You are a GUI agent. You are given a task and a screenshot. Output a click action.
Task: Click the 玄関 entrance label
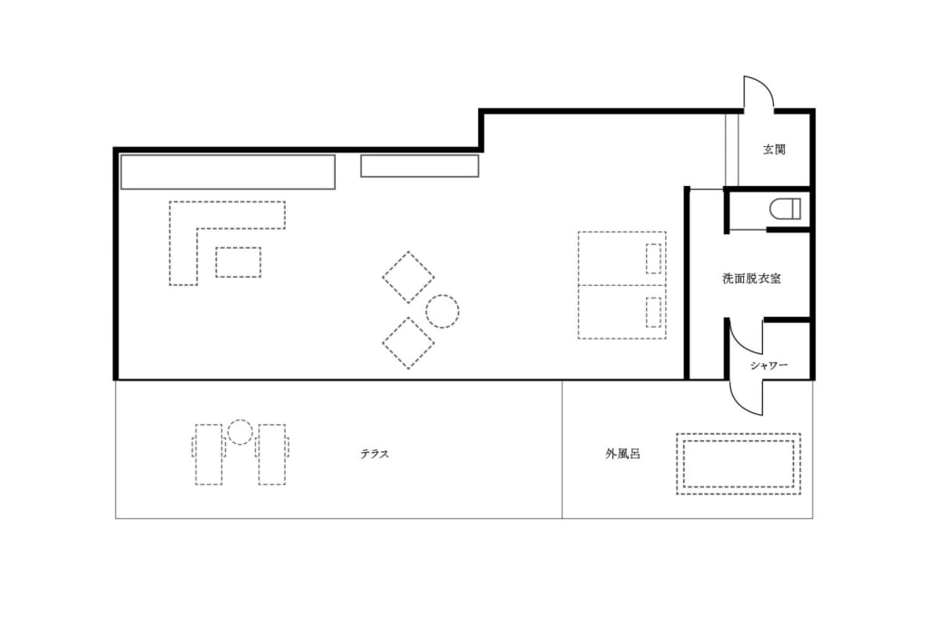click(x=774, y=150)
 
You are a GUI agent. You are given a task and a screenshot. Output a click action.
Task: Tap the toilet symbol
click(x=785, y=209)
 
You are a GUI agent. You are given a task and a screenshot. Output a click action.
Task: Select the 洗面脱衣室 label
click(x=751, y=278)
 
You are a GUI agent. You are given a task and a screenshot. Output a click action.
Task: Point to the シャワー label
click(x=769, y=365)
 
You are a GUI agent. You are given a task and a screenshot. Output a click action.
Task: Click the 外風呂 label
click(x=622, y=454)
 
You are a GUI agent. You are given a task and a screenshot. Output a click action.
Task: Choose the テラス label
click(x=375, y=454)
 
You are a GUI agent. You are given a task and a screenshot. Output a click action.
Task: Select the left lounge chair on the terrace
click(x=208, y=454)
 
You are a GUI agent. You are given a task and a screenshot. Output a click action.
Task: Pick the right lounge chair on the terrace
click(x=272, y=454)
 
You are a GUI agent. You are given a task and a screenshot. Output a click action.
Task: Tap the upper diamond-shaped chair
click(x=408, y=278)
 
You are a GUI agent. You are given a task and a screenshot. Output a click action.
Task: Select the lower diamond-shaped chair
click(x=408, y=343)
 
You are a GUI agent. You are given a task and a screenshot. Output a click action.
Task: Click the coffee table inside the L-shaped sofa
click(x=239, y=262)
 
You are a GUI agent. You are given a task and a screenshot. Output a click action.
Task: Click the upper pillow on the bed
click(x=653, y=259)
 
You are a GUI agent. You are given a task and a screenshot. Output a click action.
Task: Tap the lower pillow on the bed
click(x=653, y=311)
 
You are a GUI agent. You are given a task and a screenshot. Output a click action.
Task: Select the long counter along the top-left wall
click(x=228, y=172)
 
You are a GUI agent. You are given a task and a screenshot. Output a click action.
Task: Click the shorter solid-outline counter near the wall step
click(x=419, y=166)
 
